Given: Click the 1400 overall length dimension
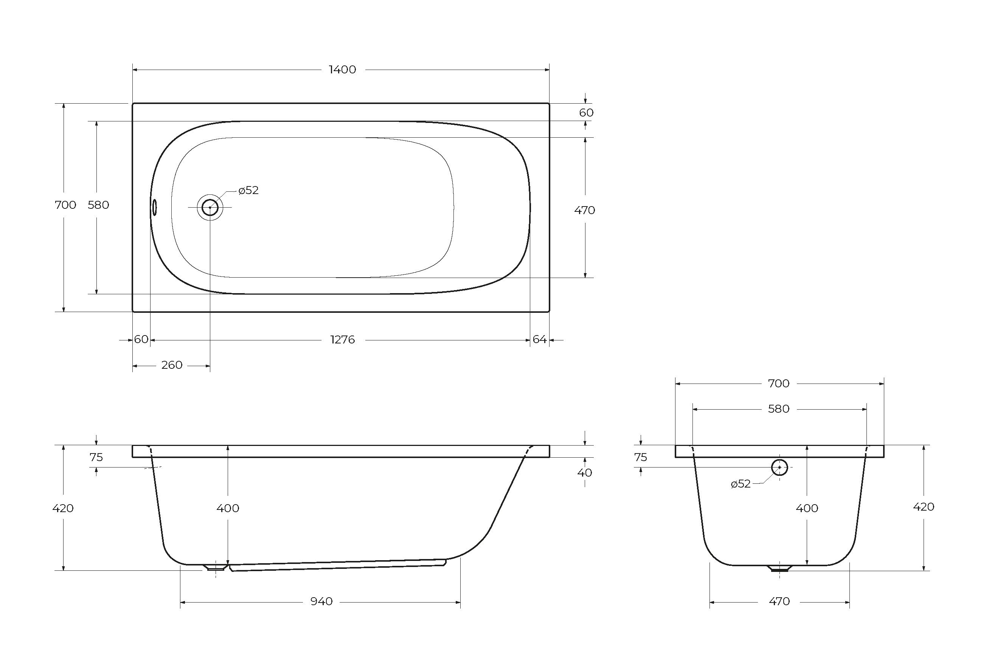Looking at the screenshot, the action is coord(343,69).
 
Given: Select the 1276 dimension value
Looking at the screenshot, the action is coord(343,340).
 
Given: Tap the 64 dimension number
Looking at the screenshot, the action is coord(539,339).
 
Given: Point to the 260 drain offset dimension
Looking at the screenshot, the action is coord(172,365).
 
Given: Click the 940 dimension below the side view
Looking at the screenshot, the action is coord(321,601).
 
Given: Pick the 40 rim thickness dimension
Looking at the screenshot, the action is coord(585,472).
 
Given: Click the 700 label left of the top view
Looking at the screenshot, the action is coord(65,205).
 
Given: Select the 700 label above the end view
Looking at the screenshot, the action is coord(779,384).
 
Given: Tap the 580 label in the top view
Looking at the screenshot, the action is coord(98,205).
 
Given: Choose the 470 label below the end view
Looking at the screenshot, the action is coord(779,601).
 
